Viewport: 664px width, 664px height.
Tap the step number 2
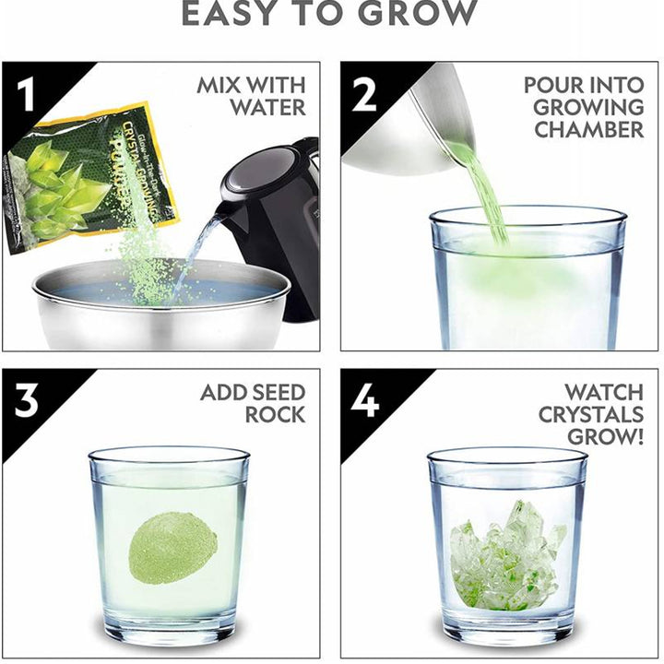(x=364, y=92)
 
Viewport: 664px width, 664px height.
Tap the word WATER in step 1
(x=267, y=107)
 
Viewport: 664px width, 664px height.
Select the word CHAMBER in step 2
(x=588, y=129)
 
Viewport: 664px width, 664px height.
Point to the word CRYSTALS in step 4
(x=591, y=414)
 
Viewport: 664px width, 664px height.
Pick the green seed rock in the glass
(x=172, y=548)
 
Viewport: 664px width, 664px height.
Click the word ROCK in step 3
(x=274, y=416)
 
